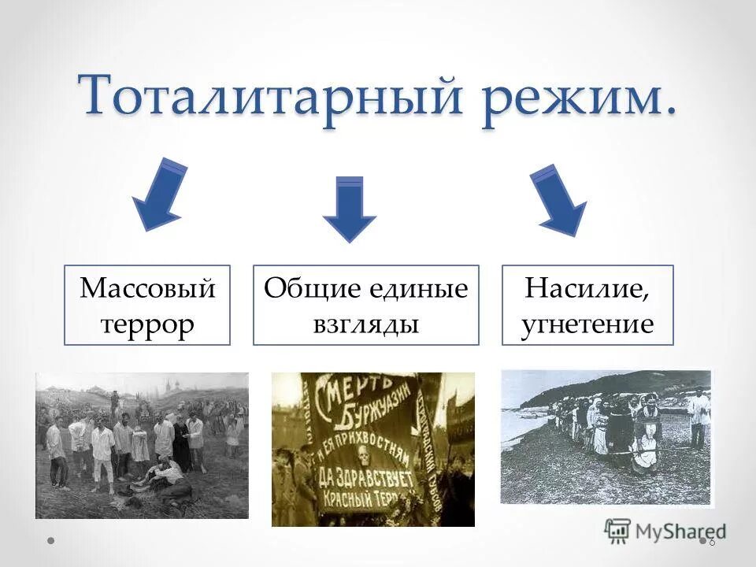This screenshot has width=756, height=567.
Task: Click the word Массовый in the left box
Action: point(147,289)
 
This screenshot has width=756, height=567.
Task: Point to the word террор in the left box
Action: point(147,323)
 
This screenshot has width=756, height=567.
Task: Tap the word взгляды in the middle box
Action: point(365,323)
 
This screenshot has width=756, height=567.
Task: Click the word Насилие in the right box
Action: point(587,289)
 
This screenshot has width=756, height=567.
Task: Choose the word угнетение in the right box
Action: point(587,323)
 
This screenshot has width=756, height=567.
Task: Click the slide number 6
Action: point(712,542)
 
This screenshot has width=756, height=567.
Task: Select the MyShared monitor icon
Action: point(617,529)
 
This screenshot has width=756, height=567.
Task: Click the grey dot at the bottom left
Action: point(50,541)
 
